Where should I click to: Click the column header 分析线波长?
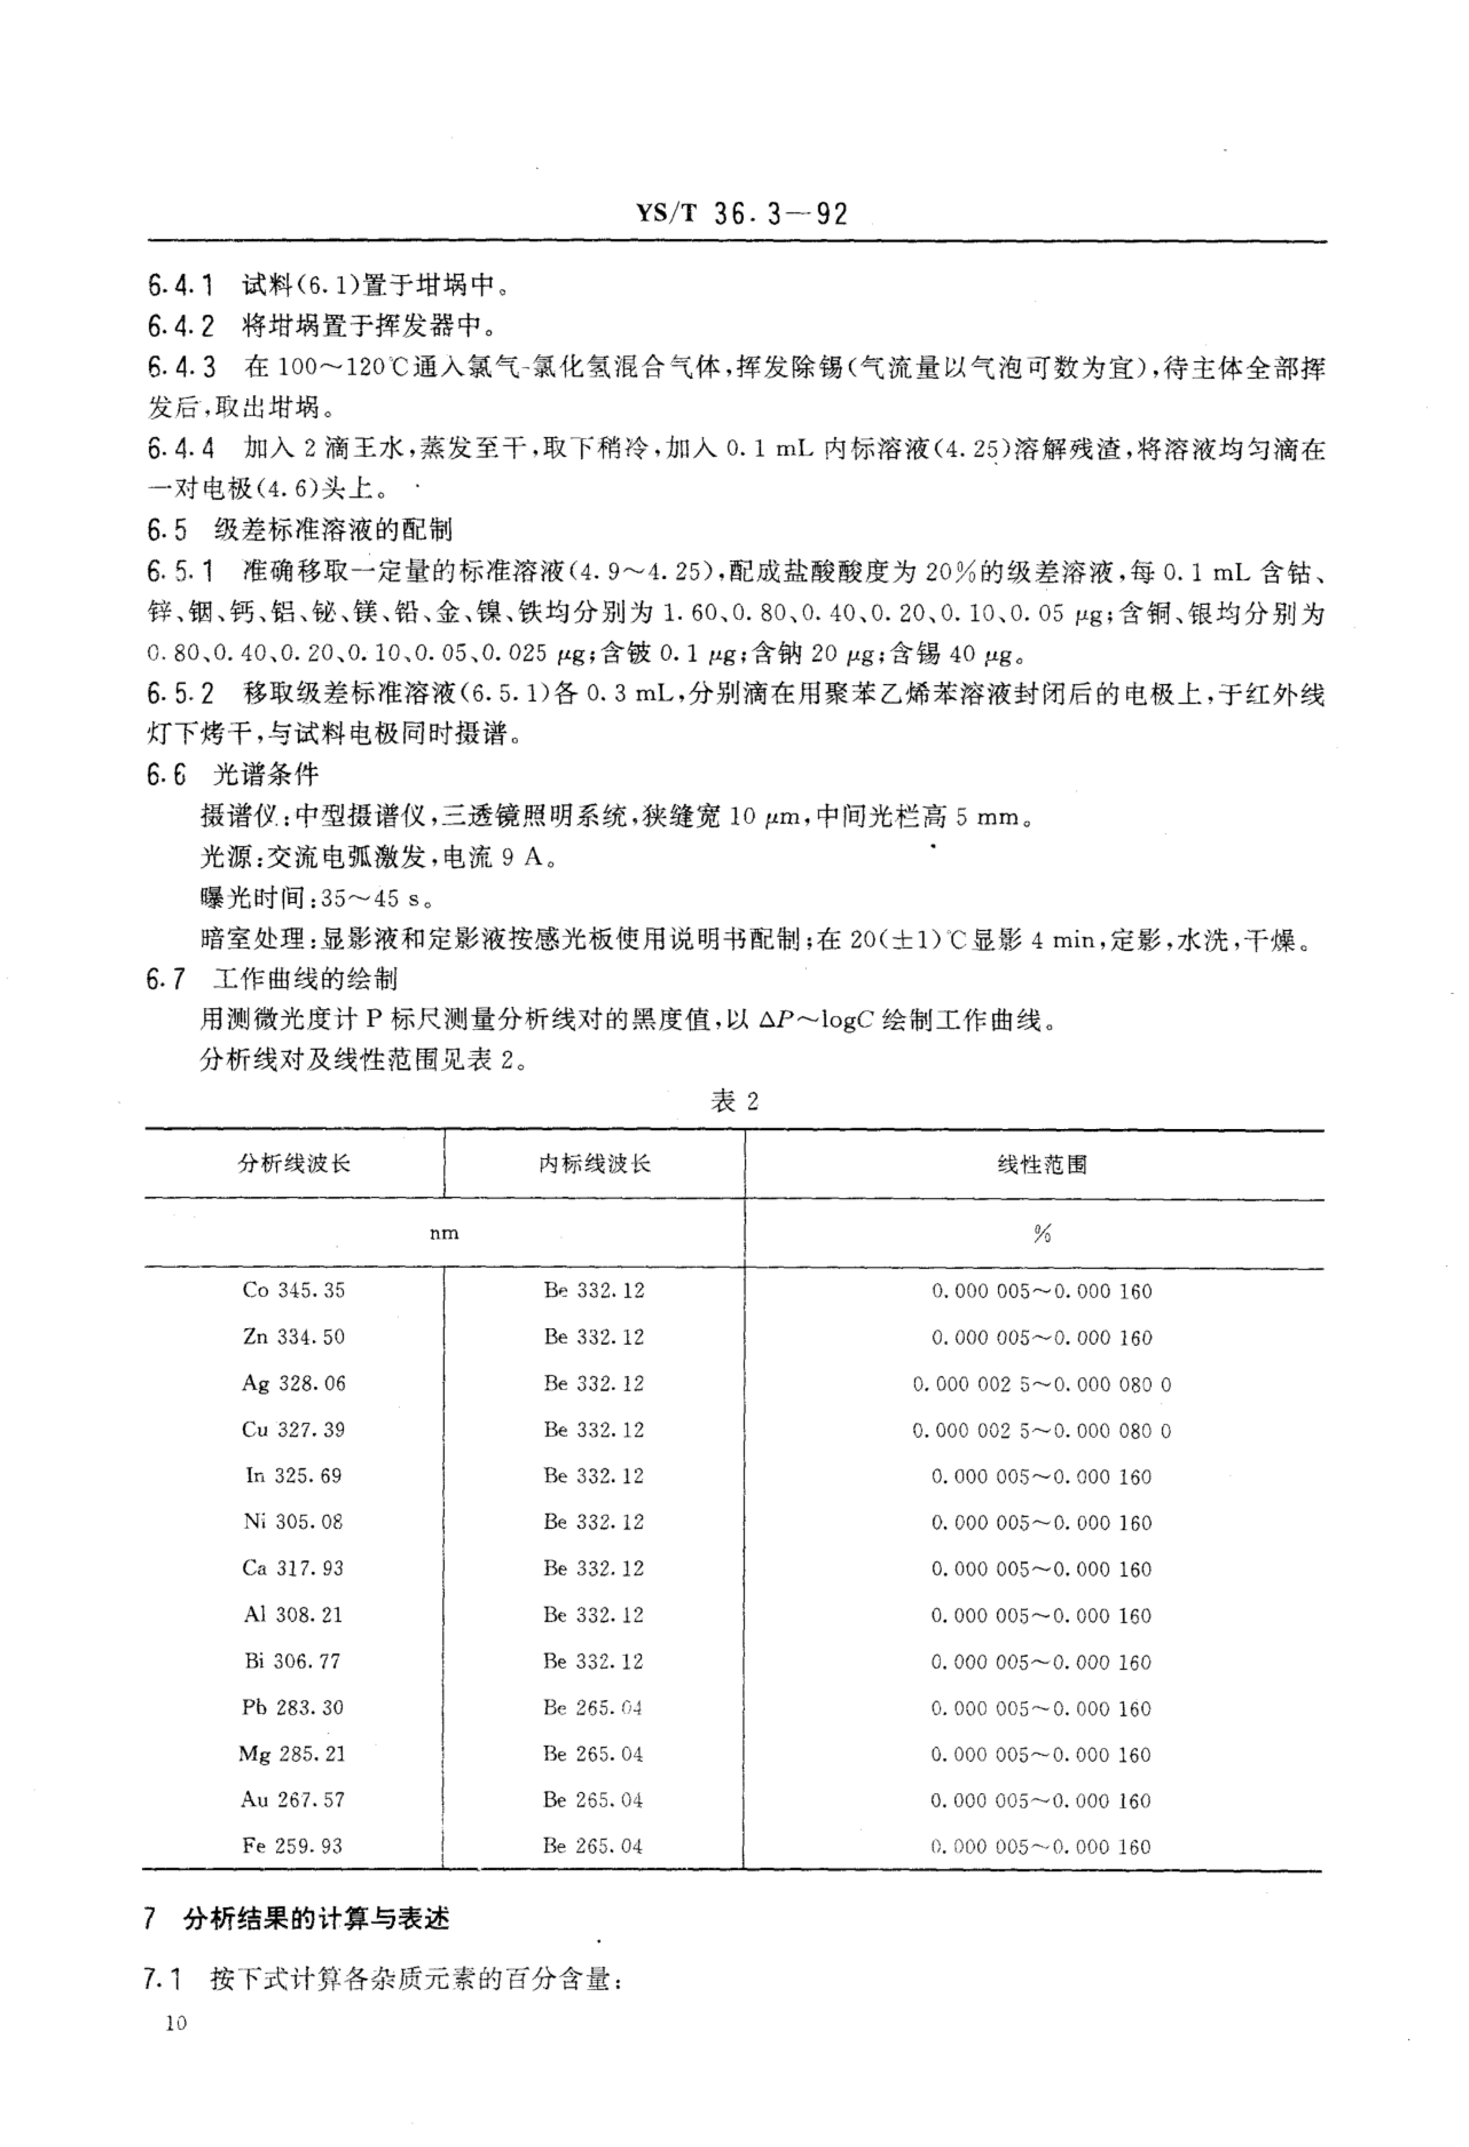(x=294, y=1163)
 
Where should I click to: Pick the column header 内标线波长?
(x=594, y=1163)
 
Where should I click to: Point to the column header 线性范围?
(x=1041, y=1164)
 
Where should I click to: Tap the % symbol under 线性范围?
(x=1042, y=1233)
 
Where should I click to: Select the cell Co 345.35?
(x=294, y=1290)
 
